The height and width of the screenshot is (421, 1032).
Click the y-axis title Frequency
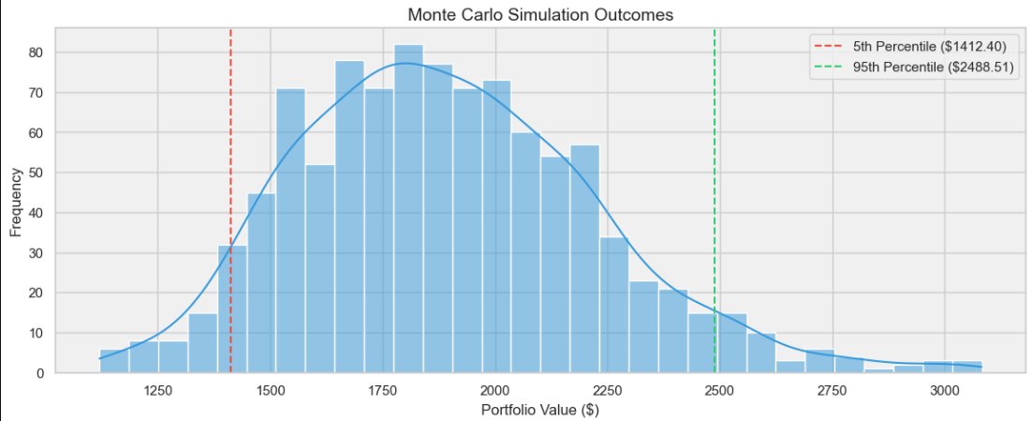point(16,202)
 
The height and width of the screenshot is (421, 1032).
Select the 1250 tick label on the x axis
point(158,390)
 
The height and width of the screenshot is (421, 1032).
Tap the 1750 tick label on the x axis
point(383,390)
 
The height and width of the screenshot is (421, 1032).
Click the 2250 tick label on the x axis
point(607,390)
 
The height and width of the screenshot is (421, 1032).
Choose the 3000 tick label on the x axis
point(943,390)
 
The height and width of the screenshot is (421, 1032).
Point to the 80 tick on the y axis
point(37,53)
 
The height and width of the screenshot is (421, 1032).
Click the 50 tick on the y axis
point(37,173)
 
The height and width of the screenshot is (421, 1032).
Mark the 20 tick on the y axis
point(37,293)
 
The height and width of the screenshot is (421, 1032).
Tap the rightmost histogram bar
point(967,368)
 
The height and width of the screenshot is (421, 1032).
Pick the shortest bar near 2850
point(878,371)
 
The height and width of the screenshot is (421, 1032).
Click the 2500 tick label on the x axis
point(718,390)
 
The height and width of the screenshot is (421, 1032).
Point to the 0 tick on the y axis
point(40,374)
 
